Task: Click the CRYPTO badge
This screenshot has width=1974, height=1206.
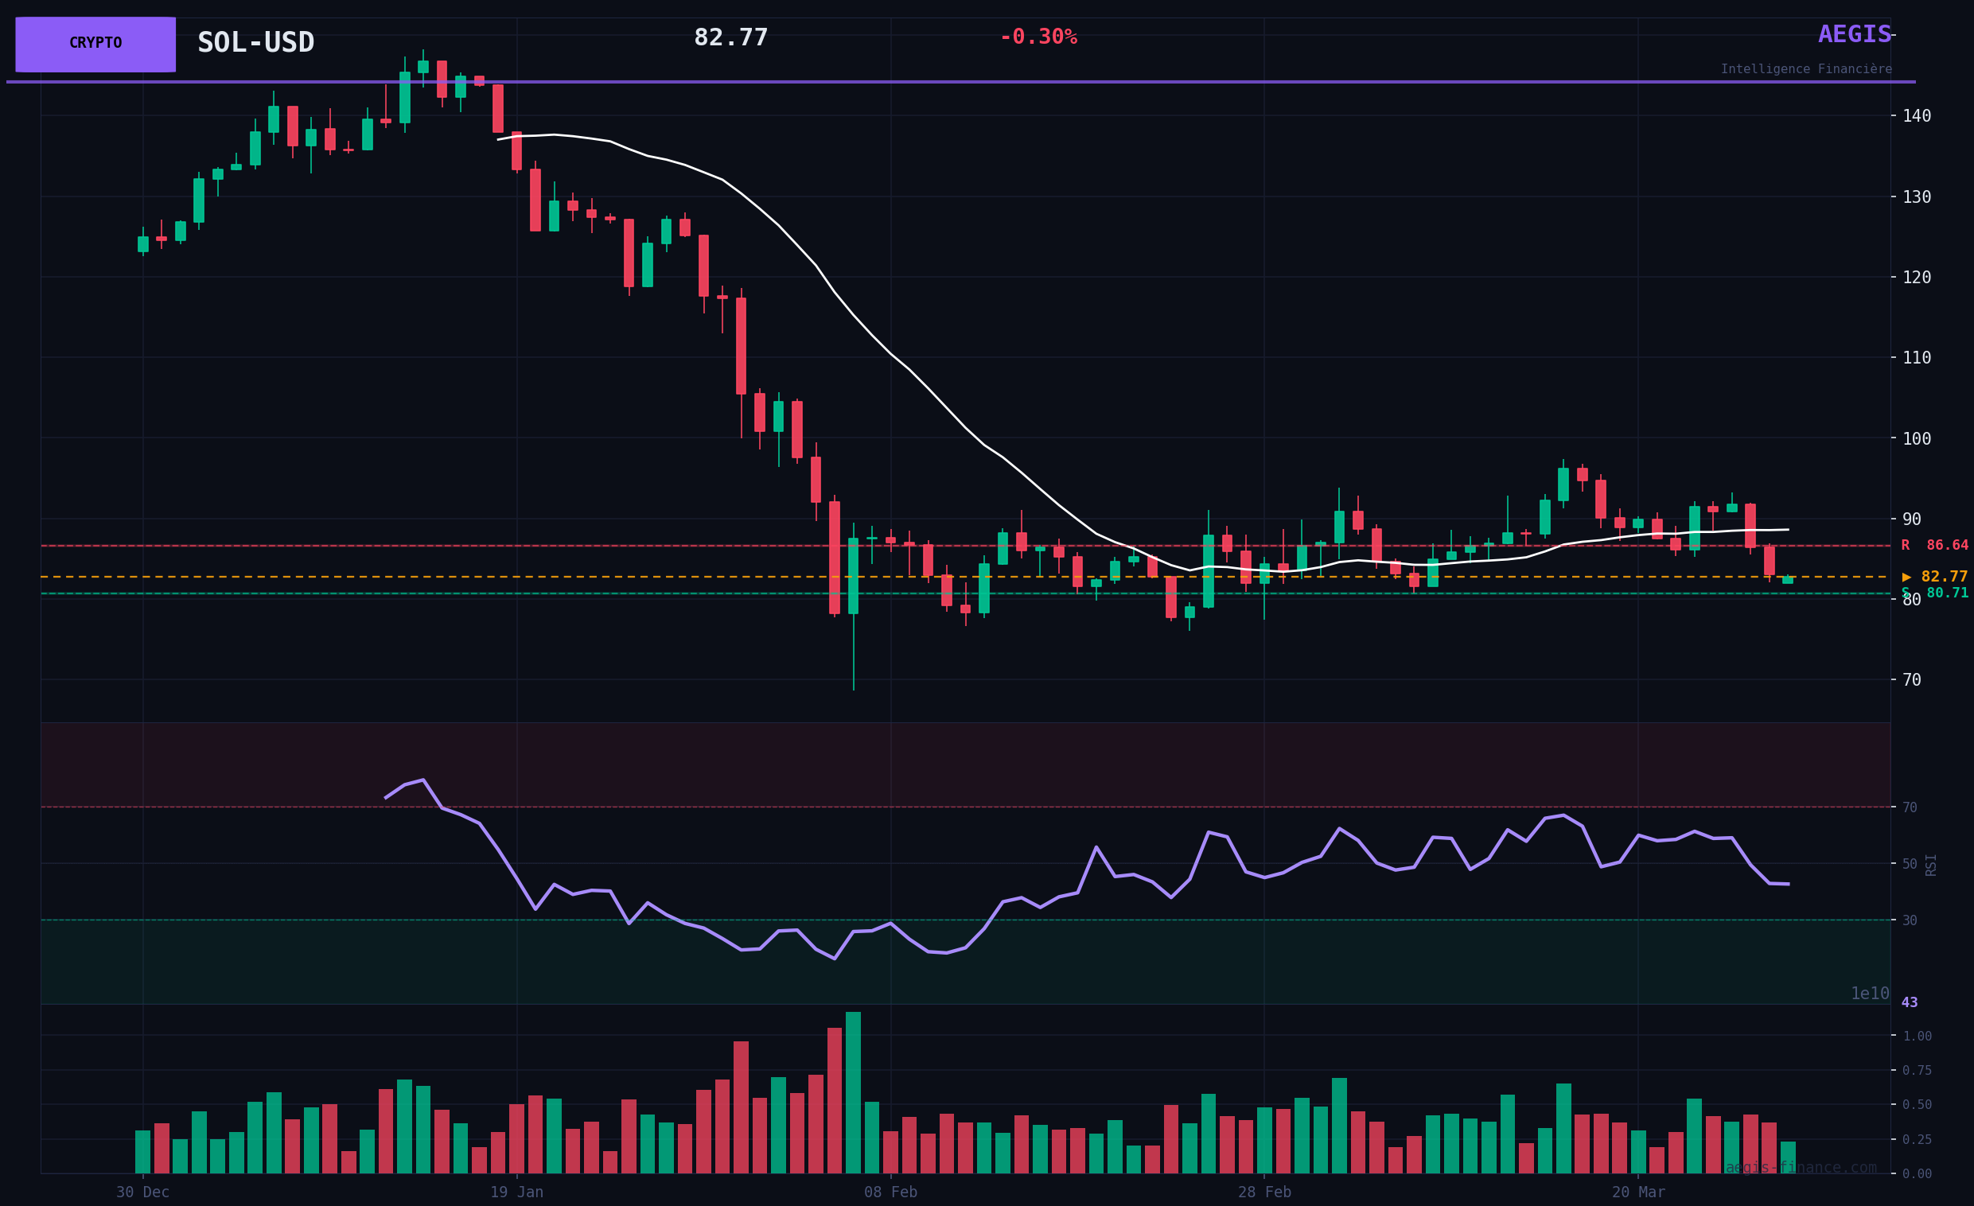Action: pyautogui.click(x=95, y=44)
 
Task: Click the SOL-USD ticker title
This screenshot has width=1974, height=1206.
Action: pyautogui.click(x=255, y=42)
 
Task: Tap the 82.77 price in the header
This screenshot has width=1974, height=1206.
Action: pyautogui.click(x=730, y=37)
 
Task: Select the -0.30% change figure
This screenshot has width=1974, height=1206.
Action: pyautogui.click(x=1038, y=37)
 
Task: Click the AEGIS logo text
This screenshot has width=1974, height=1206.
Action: pyautogui.click(x=1854, y=34)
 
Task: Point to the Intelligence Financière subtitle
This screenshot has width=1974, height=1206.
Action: pyautogui.click(x=1806, y=70)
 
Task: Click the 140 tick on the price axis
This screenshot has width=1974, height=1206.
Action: pyautogui.click(x=1917, y=116)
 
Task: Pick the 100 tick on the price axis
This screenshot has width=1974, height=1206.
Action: pyautogui.click(x=1917, y=439)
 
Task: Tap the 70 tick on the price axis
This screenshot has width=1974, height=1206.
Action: pyautogui.click(x=1911, y=680)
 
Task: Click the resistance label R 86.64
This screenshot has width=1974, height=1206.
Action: pyautogui.click(x=1934, y=546)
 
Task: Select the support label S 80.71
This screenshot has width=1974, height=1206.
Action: pyautogui.click(x=1934, y=593)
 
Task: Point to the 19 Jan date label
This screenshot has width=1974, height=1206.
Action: pyautogui.click(x=516, y=1192)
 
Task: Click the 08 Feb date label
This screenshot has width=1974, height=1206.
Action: pyautogui.click(x=890, y=1192)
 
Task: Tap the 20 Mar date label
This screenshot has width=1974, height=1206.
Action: pyautogui.click(x=1637, y=1192)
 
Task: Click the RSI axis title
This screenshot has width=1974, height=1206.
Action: pyautogui.click(x=1931, y=865)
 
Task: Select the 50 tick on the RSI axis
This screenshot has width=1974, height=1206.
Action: pyautogui.click(x=1910, y=864)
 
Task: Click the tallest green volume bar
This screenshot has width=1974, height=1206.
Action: pyautogui.click(x=853, y=1092)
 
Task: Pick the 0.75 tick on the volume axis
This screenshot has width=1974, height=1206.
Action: pyautogui.click(x=1918, y=1071)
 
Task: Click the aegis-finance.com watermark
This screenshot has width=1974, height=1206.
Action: pyautogui.click(x=1801, y=1168)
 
